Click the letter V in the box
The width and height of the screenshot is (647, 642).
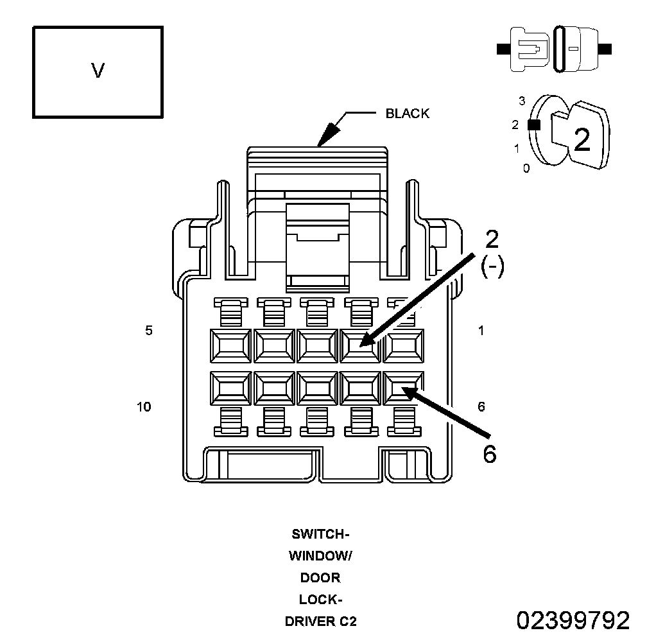(98, 71)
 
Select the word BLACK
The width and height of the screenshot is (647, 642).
(407, 114)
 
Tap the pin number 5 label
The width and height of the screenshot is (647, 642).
(149, 330)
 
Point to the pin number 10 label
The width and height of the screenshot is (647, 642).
(144, 407)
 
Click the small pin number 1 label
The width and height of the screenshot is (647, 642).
(481, 331)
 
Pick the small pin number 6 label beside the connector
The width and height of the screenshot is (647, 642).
(481, 407)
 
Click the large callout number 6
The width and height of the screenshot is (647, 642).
(490, 455)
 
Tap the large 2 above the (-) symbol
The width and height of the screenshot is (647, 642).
(492, 239)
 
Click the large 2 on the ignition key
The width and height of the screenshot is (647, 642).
(582, 140)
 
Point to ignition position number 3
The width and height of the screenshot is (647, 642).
(522, 101)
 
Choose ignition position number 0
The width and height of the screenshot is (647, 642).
(526, 168)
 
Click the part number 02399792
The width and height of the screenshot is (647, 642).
(573, 620)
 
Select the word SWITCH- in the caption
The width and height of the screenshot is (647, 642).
(321, 534)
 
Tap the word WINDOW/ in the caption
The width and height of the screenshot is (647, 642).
(321, 556)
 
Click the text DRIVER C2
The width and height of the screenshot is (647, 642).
(321, 621)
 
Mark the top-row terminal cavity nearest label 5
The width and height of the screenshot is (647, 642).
(230, 346)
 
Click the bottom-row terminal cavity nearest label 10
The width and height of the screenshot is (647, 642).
(230, 388)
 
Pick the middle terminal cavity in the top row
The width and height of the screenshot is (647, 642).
(317, 346)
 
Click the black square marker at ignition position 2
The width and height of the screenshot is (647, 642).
(534, 125)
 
